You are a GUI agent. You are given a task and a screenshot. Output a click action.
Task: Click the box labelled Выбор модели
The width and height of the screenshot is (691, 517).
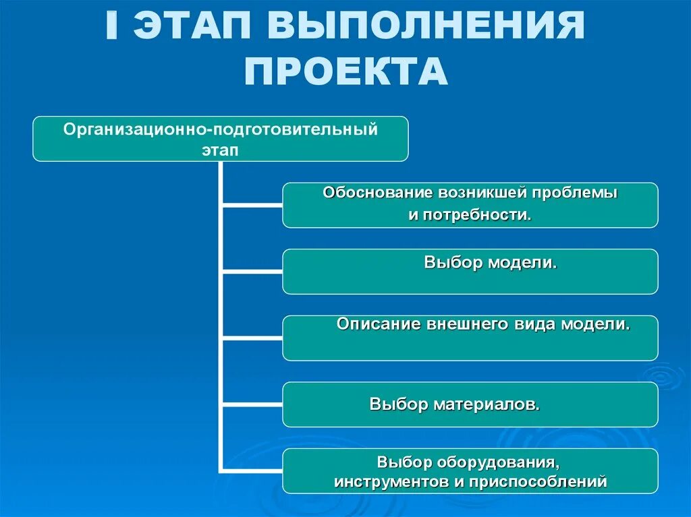(470, 271)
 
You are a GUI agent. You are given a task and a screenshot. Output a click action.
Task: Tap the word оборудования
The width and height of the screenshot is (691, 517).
(499, 463)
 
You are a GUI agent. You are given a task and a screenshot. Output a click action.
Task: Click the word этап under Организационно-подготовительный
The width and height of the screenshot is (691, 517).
(220, 150)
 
